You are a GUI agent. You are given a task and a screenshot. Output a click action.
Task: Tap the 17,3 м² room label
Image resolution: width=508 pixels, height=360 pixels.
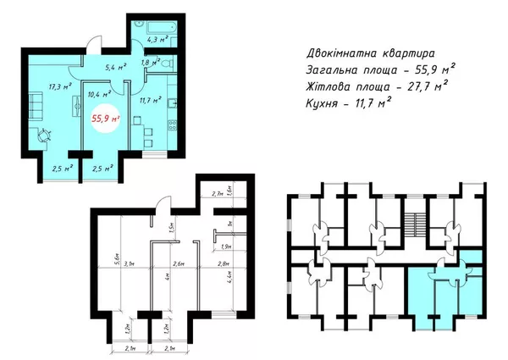(x=36, y=86)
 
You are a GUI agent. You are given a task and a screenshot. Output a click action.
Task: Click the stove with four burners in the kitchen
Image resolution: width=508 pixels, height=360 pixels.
(x=173, y=126)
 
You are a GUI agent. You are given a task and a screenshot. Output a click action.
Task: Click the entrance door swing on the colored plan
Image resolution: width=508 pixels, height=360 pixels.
(x=88, y=53)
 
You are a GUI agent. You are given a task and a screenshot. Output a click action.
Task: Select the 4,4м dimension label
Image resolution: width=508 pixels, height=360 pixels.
(x=231, y=277)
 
